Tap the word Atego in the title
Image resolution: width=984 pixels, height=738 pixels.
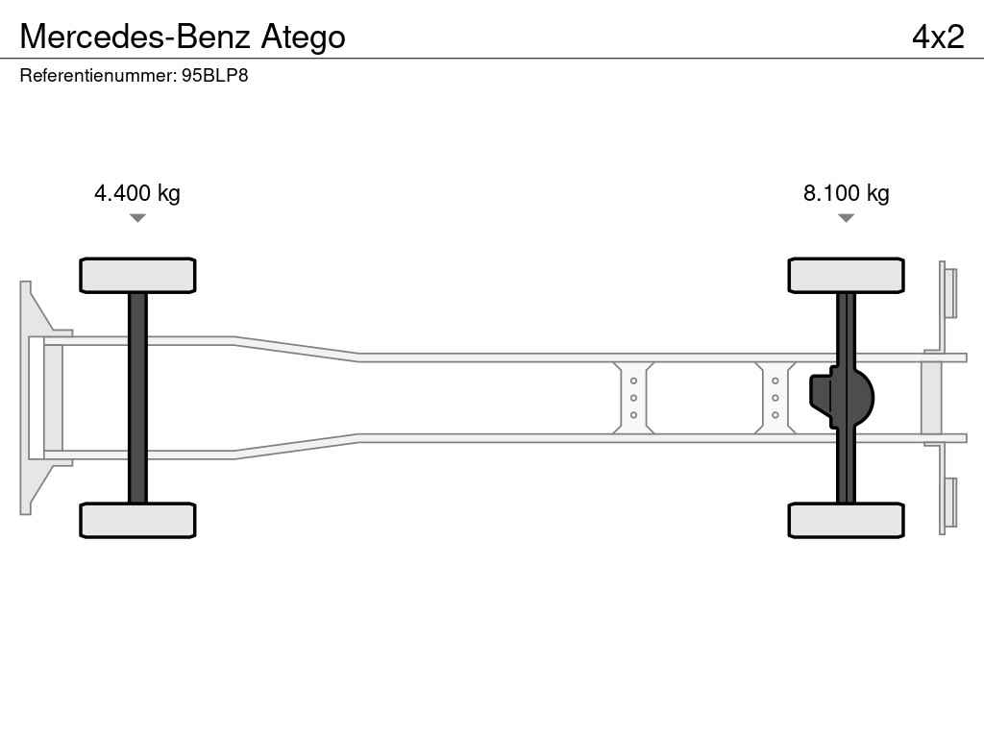click(303, 37)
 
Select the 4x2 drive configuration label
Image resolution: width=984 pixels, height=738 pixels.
click(938, 37)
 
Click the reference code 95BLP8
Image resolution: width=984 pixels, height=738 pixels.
click(214, 75)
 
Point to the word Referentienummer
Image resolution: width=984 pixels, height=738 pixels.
click(97, 75)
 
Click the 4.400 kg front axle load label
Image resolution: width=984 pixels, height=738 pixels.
click(136, 192)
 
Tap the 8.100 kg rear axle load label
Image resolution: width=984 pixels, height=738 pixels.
click(846, 192)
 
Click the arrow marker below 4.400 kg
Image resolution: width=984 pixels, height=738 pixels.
click(137, 218)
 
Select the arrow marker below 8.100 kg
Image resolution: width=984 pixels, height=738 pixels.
click(846, 218)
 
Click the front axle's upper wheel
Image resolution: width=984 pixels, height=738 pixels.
click(137, 275)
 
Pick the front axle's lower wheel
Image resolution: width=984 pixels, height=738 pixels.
click(137, 520)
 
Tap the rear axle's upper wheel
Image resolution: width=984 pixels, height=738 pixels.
click(846, 275)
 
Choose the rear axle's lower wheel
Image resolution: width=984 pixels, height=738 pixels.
click(846, 520)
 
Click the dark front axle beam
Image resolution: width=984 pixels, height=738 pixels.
click(137, 398)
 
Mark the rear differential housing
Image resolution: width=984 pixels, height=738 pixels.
click(841, 398)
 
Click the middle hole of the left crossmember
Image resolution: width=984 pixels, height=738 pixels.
click(633, 398)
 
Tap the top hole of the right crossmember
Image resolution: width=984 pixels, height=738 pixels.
click(775, 381)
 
